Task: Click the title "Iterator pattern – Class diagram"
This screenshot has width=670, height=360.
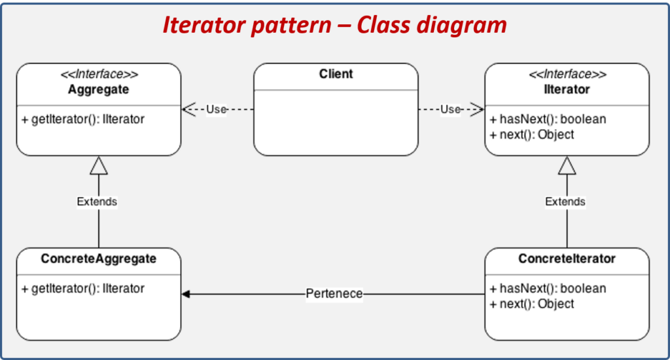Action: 334,26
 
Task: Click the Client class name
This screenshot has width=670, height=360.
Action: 336,74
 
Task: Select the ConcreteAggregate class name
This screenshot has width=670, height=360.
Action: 99,259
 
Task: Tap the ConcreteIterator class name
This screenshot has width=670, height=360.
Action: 567,259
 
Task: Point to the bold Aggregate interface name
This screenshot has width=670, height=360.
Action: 98,89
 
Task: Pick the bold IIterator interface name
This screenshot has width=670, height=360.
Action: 567,89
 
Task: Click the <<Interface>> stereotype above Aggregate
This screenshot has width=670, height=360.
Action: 98,75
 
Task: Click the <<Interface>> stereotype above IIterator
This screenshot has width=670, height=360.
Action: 567,75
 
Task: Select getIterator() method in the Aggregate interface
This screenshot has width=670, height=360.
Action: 83,120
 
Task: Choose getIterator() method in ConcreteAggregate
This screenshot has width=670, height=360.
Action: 83,289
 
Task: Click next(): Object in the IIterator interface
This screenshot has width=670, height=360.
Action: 532,134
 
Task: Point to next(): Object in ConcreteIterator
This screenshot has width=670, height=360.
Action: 532,304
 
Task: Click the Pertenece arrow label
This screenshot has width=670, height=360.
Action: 334,294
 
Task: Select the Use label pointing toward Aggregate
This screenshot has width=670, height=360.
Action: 216,109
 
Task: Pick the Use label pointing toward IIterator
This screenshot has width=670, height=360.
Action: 450,109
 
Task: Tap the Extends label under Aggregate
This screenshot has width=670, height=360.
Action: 97,202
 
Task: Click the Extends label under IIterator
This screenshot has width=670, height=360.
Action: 565,202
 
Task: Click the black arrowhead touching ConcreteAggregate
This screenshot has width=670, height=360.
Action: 186,295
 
